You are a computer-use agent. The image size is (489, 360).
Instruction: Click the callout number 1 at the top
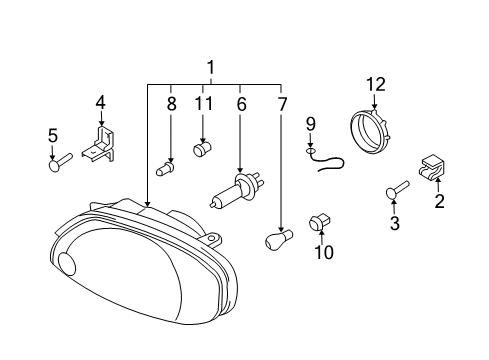211,68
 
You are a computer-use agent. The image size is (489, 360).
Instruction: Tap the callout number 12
376,85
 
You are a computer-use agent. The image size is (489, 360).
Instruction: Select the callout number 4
101,102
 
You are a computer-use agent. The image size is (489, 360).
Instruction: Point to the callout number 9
311,124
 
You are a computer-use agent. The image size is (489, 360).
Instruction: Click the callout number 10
324,252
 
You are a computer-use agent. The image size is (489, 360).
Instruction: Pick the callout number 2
439,201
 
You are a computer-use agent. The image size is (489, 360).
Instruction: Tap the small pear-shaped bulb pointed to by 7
279,239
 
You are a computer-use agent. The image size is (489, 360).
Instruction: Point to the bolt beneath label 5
60,162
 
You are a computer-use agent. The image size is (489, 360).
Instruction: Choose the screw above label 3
397,190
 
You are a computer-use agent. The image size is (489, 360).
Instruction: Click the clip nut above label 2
432,167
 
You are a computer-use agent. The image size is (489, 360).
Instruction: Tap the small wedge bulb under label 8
165,169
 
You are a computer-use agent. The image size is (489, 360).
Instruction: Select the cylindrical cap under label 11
203,149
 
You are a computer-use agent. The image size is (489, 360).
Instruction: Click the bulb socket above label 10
319,222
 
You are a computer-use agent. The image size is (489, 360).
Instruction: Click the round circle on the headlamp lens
67,264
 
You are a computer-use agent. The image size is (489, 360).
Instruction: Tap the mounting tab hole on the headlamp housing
212,238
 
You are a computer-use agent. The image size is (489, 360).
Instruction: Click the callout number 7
282,104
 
